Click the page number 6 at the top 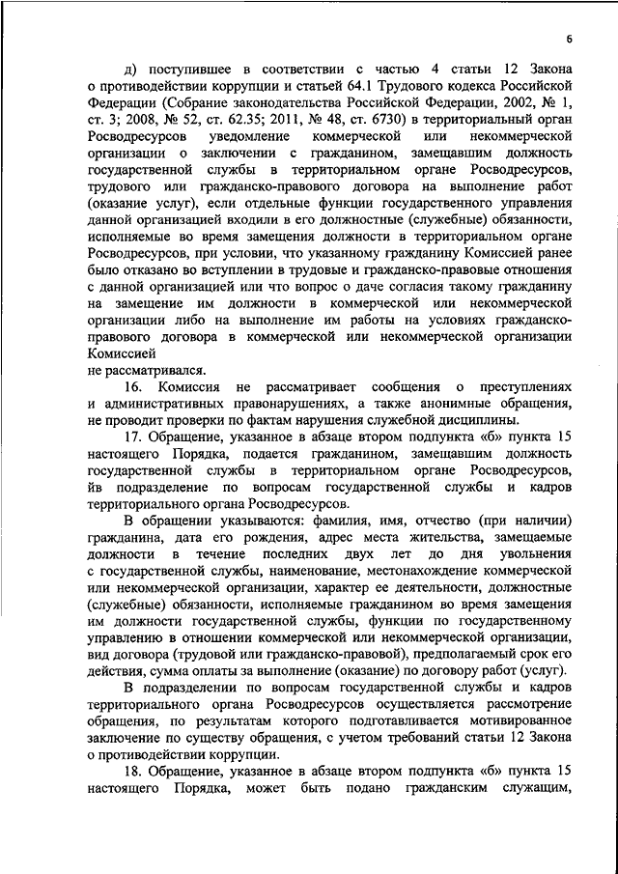click(570, 38)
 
